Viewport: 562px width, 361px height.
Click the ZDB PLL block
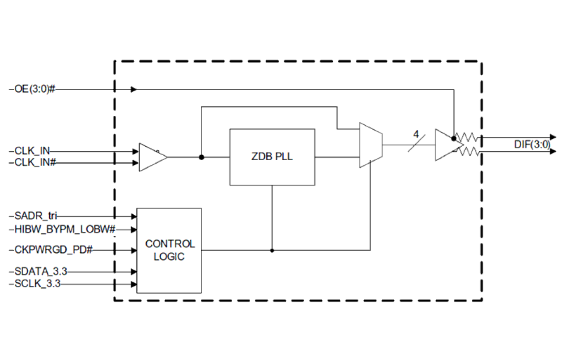272,157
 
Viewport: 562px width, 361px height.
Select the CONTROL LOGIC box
169,250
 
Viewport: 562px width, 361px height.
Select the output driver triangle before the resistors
446,145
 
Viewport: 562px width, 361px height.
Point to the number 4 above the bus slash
416,133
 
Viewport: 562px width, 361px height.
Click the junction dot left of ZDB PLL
201,157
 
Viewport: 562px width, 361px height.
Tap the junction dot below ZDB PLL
272,250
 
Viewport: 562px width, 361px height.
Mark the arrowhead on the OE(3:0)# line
134,89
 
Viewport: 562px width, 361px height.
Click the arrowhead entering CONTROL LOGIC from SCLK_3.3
134,284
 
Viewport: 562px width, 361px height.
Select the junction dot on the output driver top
454,139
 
